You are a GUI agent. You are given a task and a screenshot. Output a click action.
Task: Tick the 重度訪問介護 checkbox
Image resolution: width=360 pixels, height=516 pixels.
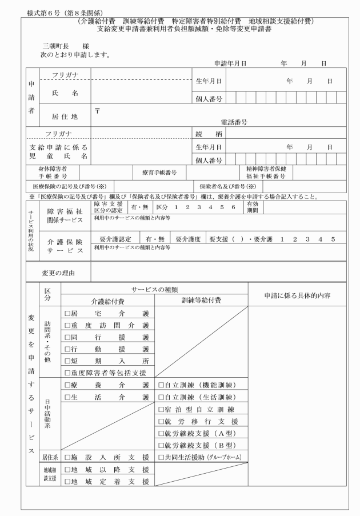click(67, 326)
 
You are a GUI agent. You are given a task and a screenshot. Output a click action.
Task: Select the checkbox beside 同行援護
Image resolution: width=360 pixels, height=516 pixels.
click(67, 337)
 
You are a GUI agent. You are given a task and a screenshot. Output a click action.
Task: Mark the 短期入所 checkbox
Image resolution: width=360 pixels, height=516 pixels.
click(67, 361)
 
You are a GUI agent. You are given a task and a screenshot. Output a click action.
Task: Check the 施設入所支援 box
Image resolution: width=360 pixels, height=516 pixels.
click(67, 457)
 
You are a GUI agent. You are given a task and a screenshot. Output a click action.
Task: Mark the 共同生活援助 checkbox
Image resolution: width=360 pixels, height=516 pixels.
click(161, 457)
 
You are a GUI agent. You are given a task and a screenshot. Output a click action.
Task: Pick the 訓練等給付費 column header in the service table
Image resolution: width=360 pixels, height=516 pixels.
click(201, 301)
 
